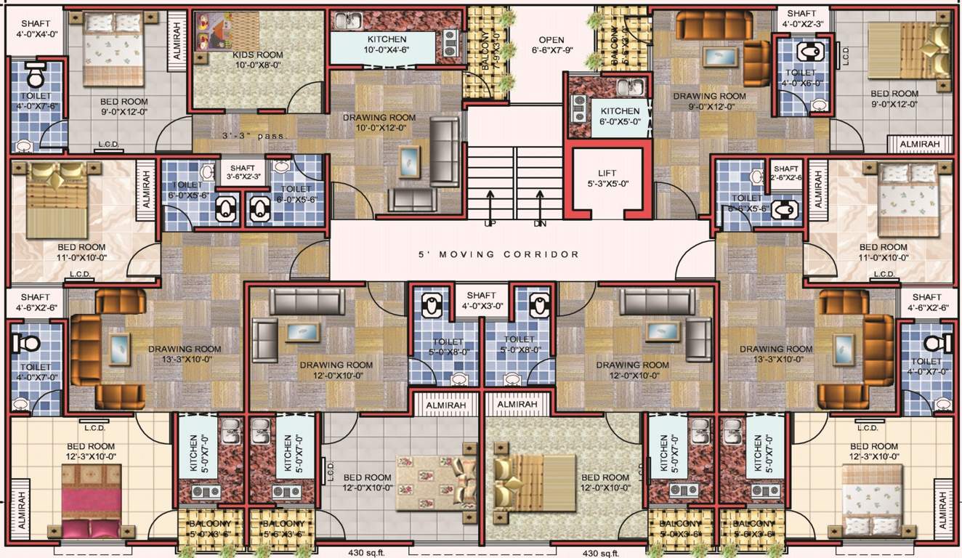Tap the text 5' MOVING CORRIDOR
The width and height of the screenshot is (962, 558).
(498, 254)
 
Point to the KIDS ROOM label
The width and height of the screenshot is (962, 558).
(257, 60)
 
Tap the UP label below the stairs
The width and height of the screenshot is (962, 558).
(490, 224)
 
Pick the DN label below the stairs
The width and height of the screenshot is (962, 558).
(539, 224)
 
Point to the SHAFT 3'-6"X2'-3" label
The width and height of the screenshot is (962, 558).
(243, 171)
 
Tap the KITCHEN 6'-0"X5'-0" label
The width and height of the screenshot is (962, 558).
(620, 116)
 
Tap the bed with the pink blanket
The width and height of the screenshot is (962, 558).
(91, 501)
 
